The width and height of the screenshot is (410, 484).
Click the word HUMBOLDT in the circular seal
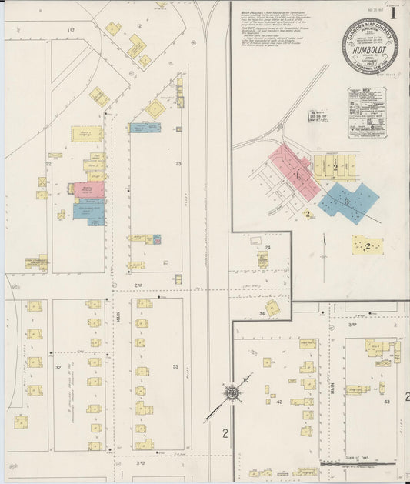(x=370, y=45)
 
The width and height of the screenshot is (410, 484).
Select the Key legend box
(x=366, y=112)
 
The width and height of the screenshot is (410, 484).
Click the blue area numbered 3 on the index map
(x=348, y=201)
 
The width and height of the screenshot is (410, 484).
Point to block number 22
(x=48, y=164)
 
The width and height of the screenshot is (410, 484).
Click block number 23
(x=178, y=163)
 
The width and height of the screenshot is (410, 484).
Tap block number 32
(x=58, y=368)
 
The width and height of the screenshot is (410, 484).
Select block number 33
(x=175, y=366)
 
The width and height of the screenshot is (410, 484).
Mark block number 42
(x=279, y=401)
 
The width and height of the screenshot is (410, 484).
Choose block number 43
(x=386, y=401)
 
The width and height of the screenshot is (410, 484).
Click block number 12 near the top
(x=139, y=26)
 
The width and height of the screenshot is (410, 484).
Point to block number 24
(x=268, y=247)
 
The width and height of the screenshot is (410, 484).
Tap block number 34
(x=262, y=313)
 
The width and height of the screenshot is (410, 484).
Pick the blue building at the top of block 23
(x=145, y=128)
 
